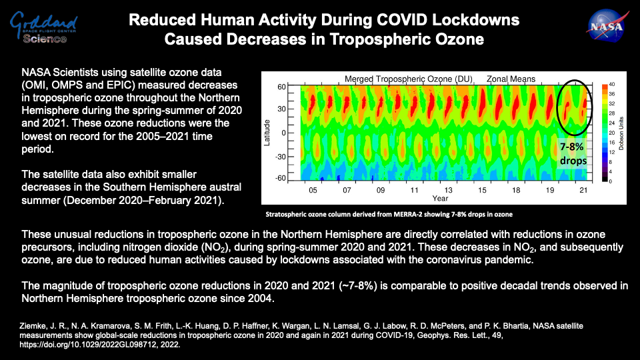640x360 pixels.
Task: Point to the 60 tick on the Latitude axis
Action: click(x=281, y=87)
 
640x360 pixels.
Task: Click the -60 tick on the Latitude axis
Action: click(x=280, y=179)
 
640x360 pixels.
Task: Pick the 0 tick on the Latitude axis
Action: click(x=283, y=133)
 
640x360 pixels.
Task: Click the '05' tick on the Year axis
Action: click(x=313, y=190)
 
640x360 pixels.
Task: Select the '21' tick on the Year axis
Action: click(x=583, y=190)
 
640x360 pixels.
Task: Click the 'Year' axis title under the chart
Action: click(x=439, y=199)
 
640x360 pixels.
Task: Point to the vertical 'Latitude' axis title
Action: click(x=267, y=133)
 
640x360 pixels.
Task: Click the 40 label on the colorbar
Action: click(x=612, y=85)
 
